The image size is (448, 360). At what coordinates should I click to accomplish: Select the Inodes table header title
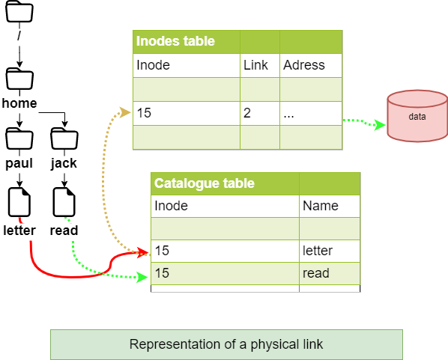coord(175,42)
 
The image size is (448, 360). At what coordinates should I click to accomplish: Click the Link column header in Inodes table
coord(255,65)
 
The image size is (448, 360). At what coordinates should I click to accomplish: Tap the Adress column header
coord(304,65)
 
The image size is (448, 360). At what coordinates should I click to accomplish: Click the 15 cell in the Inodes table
coord(144,114)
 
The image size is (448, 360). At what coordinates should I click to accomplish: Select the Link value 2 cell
coord(247,114)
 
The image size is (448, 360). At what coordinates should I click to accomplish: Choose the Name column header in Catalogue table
coord(321,206)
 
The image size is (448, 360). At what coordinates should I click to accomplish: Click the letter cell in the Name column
coord(318,251)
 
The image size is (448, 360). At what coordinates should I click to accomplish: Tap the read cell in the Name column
coord(315,273)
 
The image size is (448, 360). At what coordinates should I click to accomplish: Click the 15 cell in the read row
coord(162,273)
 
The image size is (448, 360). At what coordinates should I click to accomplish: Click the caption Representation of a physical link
coord(226,344)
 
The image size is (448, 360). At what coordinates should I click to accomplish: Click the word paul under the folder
coord(19,164)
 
